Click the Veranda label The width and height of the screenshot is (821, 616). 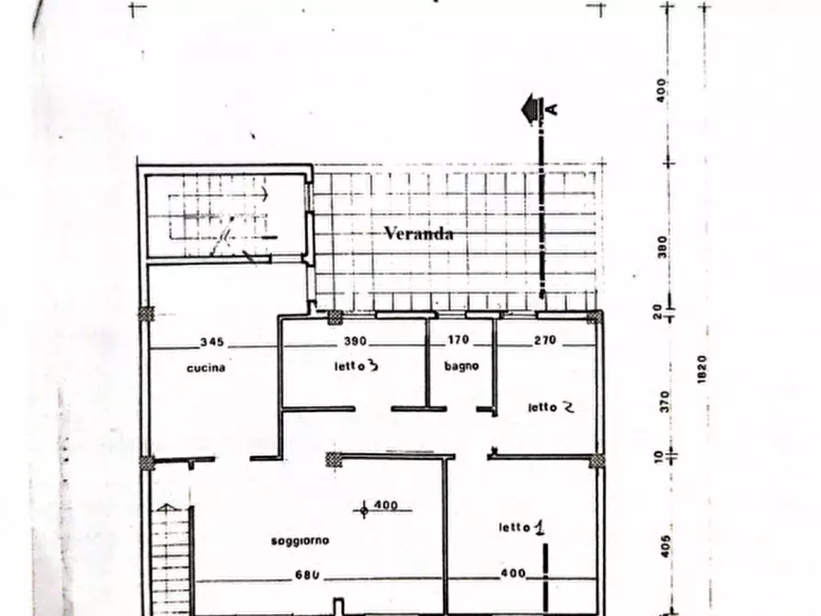coord(418,234)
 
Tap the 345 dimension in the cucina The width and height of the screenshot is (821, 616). coord(211,341)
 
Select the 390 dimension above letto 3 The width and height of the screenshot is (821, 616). coord(354,341)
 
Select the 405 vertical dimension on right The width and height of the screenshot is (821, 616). coord(664,546)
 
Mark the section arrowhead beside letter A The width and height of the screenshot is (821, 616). coord(530,109)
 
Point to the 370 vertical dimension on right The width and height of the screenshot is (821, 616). coord(664,402)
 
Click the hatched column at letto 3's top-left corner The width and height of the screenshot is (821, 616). coord(335,317)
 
